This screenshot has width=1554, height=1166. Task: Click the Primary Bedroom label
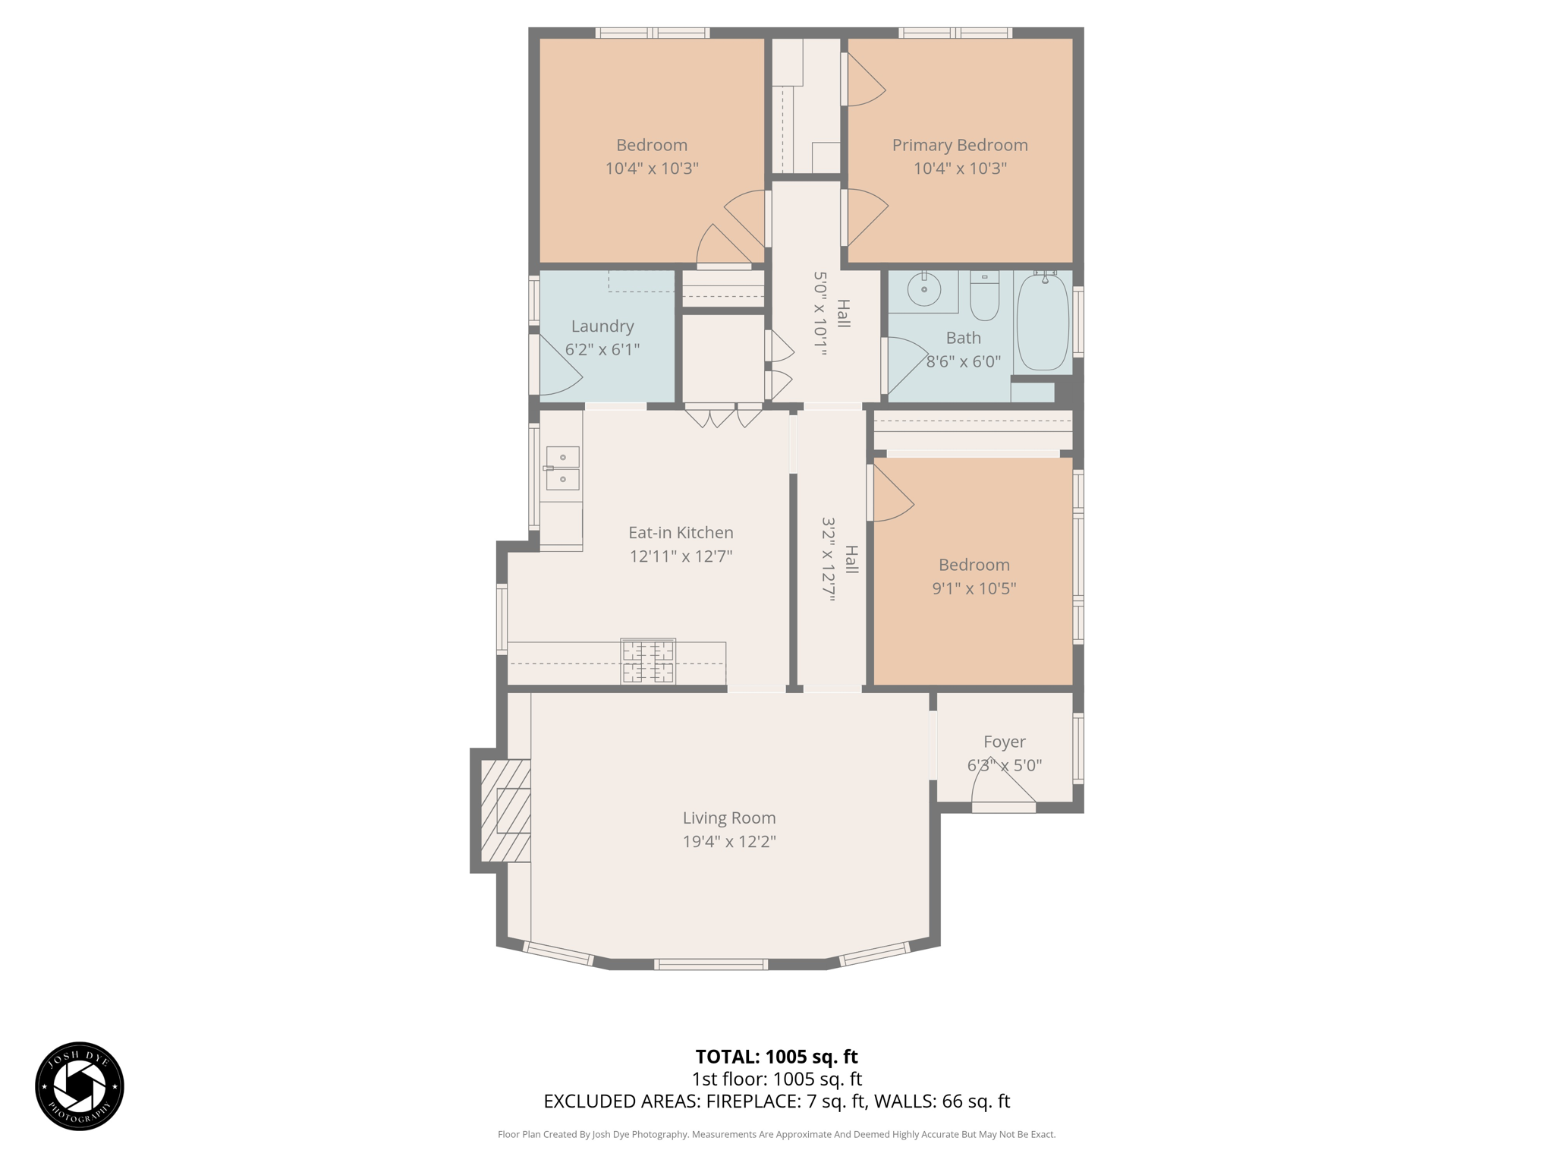click(x=959, y=145)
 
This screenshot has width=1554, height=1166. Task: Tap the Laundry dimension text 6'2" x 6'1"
click(x=602, y=349)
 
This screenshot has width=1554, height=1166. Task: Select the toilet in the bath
click(x=984, y=298)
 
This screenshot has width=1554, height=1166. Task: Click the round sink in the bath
click(x=924, y=289)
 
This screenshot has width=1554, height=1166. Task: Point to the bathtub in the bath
click(x=1043, y=322)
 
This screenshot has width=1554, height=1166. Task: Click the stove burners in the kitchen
click(x=648, y=661)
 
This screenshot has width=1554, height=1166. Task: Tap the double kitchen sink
click(x=562, y=468)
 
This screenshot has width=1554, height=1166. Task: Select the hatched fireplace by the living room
click(x=505, y=810)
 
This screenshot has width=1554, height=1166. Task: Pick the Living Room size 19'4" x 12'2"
click(x=728, y=841)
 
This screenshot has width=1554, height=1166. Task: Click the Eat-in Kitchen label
click(x=681, y=532)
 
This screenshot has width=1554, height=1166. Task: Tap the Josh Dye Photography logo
click(x=80, y=1086)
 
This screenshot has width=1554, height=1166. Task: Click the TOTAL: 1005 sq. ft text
click(x=776, y=1056)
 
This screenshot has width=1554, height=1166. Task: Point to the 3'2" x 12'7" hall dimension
click(x=828, y=559)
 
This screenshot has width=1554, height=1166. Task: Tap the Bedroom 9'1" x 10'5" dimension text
click(x=974, y=588)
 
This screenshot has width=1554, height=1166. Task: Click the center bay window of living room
click(x=711, y=964)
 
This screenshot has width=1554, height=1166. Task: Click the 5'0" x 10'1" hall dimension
click(x=819, y=314)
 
